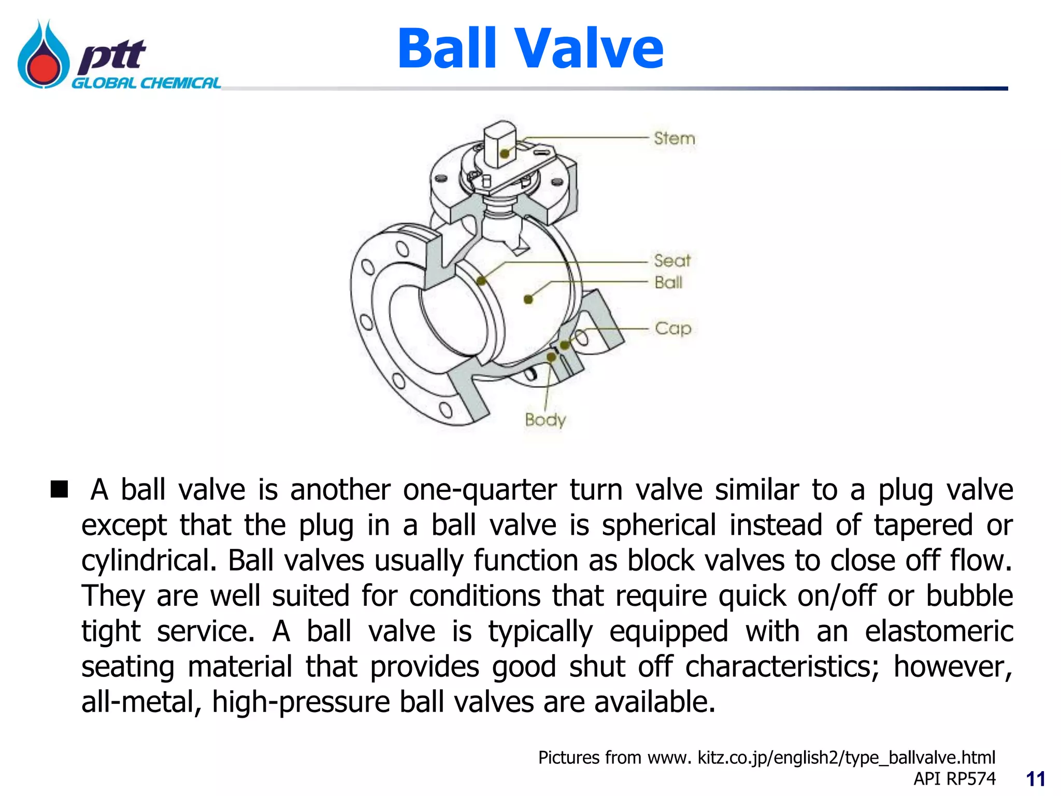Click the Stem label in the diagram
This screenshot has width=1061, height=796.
[674, 138]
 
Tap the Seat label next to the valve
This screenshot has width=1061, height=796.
[672, 260]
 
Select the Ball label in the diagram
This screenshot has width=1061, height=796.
[668, 282]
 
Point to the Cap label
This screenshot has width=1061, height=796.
[673, 328]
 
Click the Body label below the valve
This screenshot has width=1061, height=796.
[545, 419]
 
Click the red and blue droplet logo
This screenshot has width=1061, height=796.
[44, 55]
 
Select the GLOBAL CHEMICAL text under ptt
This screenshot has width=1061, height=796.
[146, 83]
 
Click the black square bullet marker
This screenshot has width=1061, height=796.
[60, 489]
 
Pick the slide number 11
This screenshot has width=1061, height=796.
[1036, 779]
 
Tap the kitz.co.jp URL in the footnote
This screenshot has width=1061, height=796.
[847, 758]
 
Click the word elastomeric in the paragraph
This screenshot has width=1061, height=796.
[939, 631]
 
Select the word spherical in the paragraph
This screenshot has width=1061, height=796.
[659, 525]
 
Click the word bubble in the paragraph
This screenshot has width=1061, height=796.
[969, 596]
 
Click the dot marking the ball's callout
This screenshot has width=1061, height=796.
[528, 300]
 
